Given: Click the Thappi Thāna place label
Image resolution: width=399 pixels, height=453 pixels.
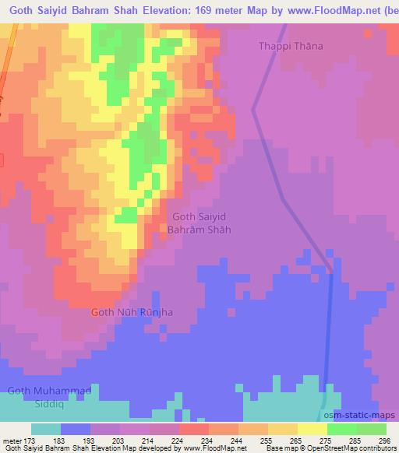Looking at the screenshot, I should [x=290, y=46].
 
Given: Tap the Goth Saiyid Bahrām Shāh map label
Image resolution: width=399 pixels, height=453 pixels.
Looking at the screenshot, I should [x=200, y=223].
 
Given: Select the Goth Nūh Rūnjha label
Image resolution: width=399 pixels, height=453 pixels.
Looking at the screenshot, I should [x=132, y=312].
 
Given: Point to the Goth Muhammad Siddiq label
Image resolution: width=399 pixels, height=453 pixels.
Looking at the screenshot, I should [x=49, y=395].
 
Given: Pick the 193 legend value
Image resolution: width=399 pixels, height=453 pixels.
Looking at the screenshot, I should [x=90, y=440].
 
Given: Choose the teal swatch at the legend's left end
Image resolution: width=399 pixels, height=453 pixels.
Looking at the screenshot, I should [x=46, y=429].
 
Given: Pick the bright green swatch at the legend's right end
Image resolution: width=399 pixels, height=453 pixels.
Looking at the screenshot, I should [x=372, y=429].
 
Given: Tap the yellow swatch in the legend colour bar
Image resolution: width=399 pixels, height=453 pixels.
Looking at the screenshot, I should [x=282, y=429].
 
